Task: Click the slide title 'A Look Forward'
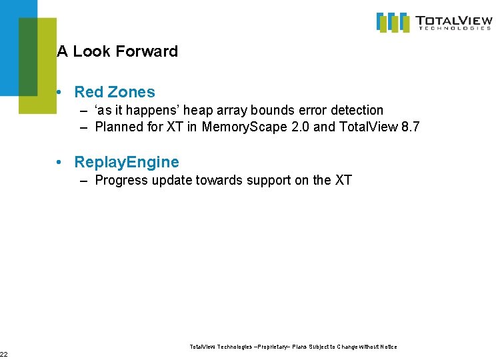[117, 51]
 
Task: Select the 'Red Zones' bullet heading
[114, 92]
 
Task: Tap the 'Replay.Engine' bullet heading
[127, 162]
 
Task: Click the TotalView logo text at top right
[453, 20]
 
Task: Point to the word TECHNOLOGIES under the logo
[454, 29]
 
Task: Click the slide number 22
[3, 353]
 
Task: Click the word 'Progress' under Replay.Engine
[120, 180]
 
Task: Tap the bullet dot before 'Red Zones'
[61, 93]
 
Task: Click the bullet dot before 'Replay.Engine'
[61, 163]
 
